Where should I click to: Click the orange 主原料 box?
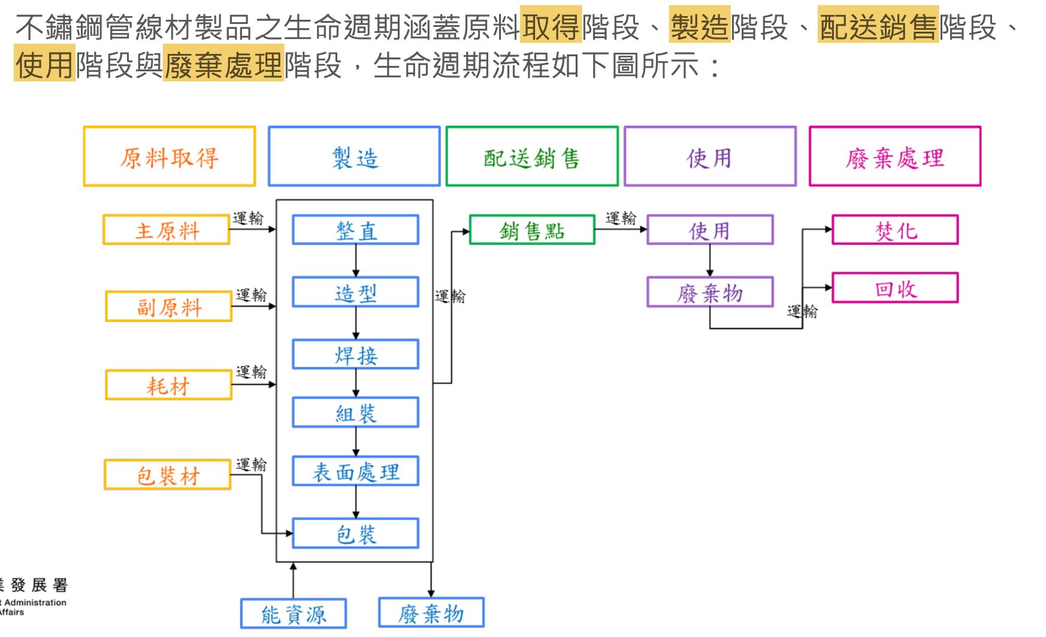click(x=167, y=230)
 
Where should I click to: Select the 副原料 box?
click(x=169, y=307)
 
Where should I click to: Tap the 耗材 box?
click(x=168, y=385)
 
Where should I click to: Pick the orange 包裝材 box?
click(x=168, y=475)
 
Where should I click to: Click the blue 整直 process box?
click(x=355, y=230)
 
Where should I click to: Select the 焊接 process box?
click(x=355, y=355)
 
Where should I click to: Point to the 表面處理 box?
click(x=355, y=472)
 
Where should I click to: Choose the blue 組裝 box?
click(x=355, y=413)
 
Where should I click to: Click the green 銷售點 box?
click(x=532, y=230)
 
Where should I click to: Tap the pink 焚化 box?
click(x=895, y=230)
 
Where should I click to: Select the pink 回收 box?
click(x=895, y=289)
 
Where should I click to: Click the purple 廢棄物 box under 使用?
click(x=710, y=293)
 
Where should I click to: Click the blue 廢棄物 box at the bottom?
click(x=431, y=613)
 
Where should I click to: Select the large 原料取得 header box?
click(x=170, y=157)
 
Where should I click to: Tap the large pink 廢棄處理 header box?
click(x=894, y=157)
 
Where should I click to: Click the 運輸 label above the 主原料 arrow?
click(x=248, y=218)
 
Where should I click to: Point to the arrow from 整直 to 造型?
click(x=356, y=260)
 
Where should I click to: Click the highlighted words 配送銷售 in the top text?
click(x=878, y=28)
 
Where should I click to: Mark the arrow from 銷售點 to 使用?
click(x=621, y=229)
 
